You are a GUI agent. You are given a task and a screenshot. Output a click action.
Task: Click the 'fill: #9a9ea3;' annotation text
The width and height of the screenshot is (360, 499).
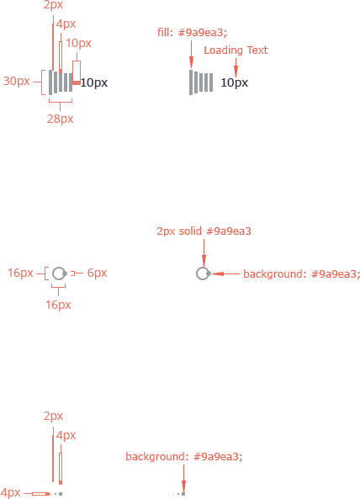pos(192,33)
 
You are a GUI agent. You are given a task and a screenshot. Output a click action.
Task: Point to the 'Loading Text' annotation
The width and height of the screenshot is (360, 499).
pos(236,50)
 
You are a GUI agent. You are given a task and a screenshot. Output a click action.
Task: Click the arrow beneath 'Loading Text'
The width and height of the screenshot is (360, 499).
pos(236,66)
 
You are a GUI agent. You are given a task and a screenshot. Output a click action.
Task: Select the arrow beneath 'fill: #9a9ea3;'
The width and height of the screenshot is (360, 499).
pos(191,54)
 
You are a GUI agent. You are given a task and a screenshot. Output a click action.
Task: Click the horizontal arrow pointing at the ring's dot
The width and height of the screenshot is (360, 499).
pos(225,273)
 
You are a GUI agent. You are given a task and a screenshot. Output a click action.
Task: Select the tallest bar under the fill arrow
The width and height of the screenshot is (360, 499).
pos(191,82)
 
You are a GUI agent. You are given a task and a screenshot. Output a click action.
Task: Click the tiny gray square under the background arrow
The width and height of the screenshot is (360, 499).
pos(183,494)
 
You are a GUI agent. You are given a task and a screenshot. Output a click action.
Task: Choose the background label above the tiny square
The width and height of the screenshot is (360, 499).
pos(184,457)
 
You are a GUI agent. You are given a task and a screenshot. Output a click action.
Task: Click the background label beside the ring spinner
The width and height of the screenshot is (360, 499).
pos(301,274)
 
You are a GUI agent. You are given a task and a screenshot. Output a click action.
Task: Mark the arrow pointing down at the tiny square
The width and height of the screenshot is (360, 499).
pos(183,478)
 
